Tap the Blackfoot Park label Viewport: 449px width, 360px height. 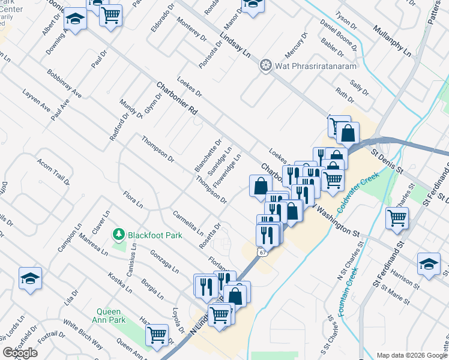click(x=155, y=235)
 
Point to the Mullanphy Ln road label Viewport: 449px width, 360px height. click(x=391, y=41)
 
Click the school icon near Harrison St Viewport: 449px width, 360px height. click(x=429, y=264)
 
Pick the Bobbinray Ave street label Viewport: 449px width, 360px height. click(x=64, y=84)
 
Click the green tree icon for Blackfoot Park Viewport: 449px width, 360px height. click(x=119, y=235)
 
